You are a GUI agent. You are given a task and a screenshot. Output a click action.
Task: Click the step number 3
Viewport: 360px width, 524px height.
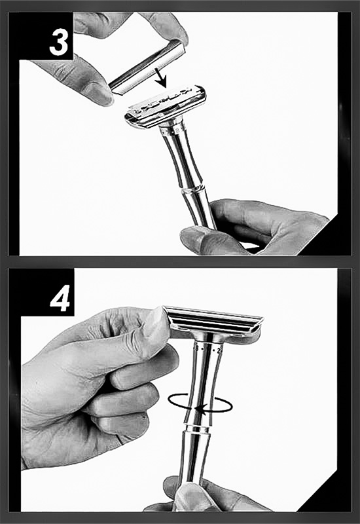coord(59,43)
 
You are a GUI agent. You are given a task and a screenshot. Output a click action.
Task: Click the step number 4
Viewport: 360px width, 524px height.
coord(60,298)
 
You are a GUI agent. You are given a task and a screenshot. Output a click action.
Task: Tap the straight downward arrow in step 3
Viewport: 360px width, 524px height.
coord(160,77)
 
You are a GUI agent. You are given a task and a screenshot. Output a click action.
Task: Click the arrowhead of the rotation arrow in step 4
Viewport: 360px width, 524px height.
coord(199,408)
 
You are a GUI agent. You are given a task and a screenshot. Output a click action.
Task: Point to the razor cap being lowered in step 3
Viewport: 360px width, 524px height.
coord(147,67)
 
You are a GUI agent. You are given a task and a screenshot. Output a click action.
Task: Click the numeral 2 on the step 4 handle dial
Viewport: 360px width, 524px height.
coord(219,351)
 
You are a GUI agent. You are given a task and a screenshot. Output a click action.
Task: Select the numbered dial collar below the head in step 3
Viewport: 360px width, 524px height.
coord(173,130)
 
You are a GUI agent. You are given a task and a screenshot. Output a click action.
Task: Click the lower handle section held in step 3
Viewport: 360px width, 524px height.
coord(200,210)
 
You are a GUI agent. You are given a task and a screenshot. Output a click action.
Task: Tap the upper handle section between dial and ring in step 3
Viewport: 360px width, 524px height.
coord(181,160)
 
